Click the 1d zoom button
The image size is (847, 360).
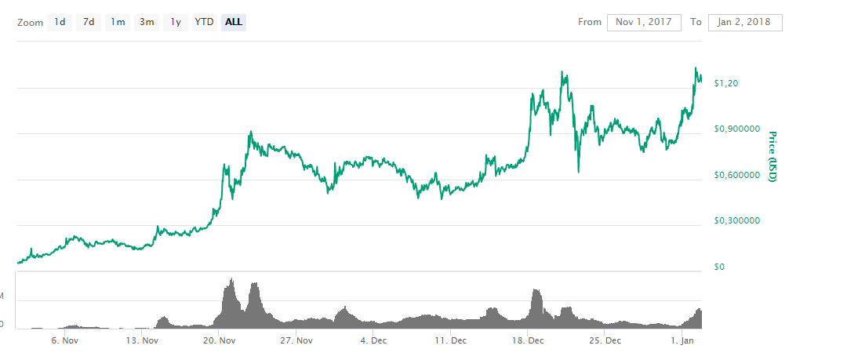[60, 22]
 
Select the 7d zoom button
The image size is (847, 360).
[89, 22]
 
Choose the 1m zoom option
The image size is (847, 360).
[118, 22]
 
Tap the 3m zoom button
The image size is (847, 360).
[147, 22]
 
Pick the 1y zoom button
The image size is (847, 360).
[176, 22]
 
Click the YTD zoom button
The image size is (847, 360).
[204, 22]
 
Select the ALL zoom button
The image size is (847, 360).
[234, 22]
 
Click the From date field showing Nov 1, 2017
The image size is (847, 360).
[644, 22]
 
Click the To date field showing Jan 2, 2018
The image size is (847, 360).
[744, 22]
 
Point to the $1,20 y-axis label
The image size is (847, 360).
[727, 82]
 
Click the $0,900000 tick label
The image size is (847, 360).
[738, 129]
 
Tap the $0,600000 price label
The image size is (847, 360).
[738, 175]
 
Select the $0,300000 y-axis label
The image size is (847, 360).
[738, 220]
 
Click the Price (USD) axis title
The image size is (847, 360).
[772, 157]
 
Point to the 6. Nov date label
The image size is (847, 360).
[64, 340]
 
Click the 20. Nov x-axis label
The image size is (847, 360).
[220, 340]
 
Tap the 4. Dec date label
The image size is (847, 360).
[373, 340]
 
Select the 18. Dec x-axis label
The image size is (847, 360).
[528, 340]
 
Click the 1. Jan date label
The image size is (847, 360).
[682, 340]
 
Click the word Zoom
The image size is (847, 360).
[30, 22]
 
